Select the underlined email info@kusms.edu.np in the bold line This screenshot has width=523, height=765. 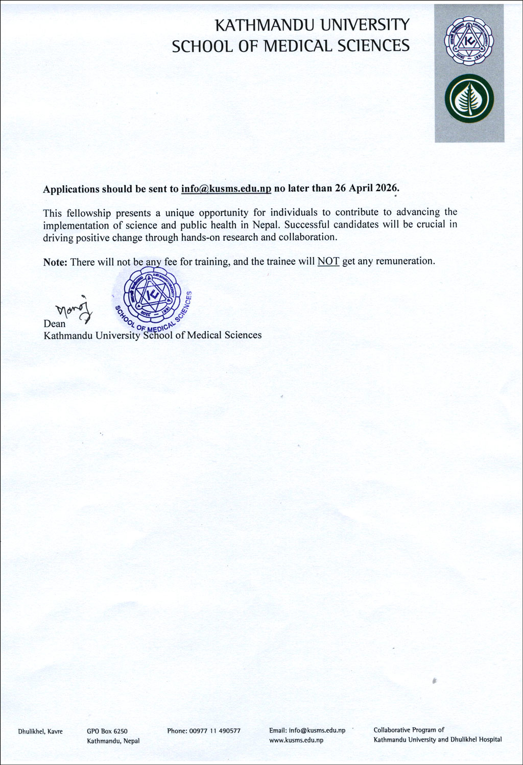226,188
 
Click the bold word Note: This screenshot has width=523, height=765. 55,262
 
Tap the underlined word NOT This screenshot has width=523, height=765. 328,261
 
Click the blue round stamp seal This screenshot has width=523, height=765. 152,299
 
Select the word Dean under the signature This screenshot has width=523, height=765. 55,324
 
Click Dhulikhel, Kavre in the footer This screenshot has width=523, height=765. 40,731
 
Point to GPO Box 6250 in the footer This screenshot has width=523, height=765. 107,731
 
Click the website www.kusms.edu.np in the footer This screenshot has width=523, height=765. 296,740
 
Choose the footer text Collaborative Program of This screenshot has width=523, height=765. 409,730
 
